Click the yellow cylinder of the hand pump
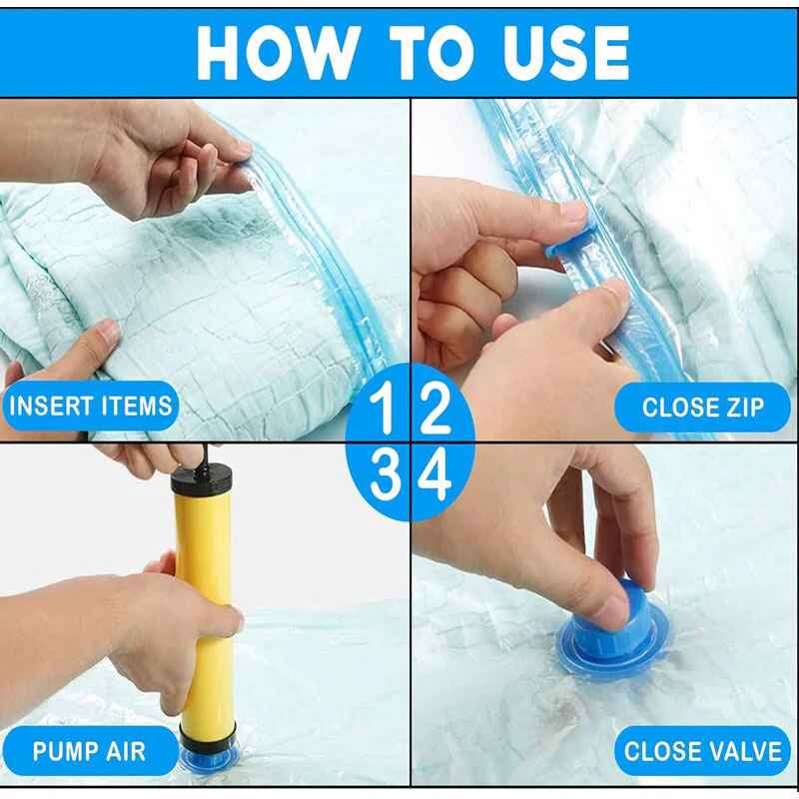coord(204,619)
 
